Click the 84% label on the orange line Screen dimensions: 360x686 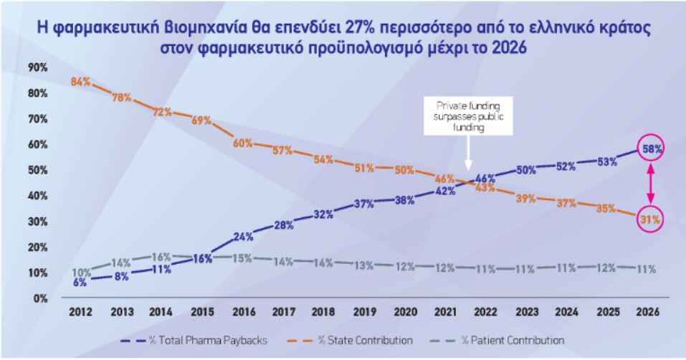pyautogui.click(x=80, y=82)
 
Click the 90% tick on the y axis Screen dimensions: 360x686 pyautogui.click(x=37, y=67)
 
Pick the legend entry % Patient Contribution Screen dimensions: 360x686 pyautogui.click(x=503, y=340)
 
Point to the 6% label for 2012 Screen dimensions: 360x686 pyautogui.click(x=80, y=283)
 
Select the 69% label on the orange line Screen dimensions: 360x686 pyautogui.click(x=202, y=120)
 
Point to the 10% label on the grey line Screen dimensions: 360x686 pyautogui.click(x=80, y=272)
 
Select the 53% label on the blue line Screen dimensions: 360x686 pyautogui.click(x=606, y=161)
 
